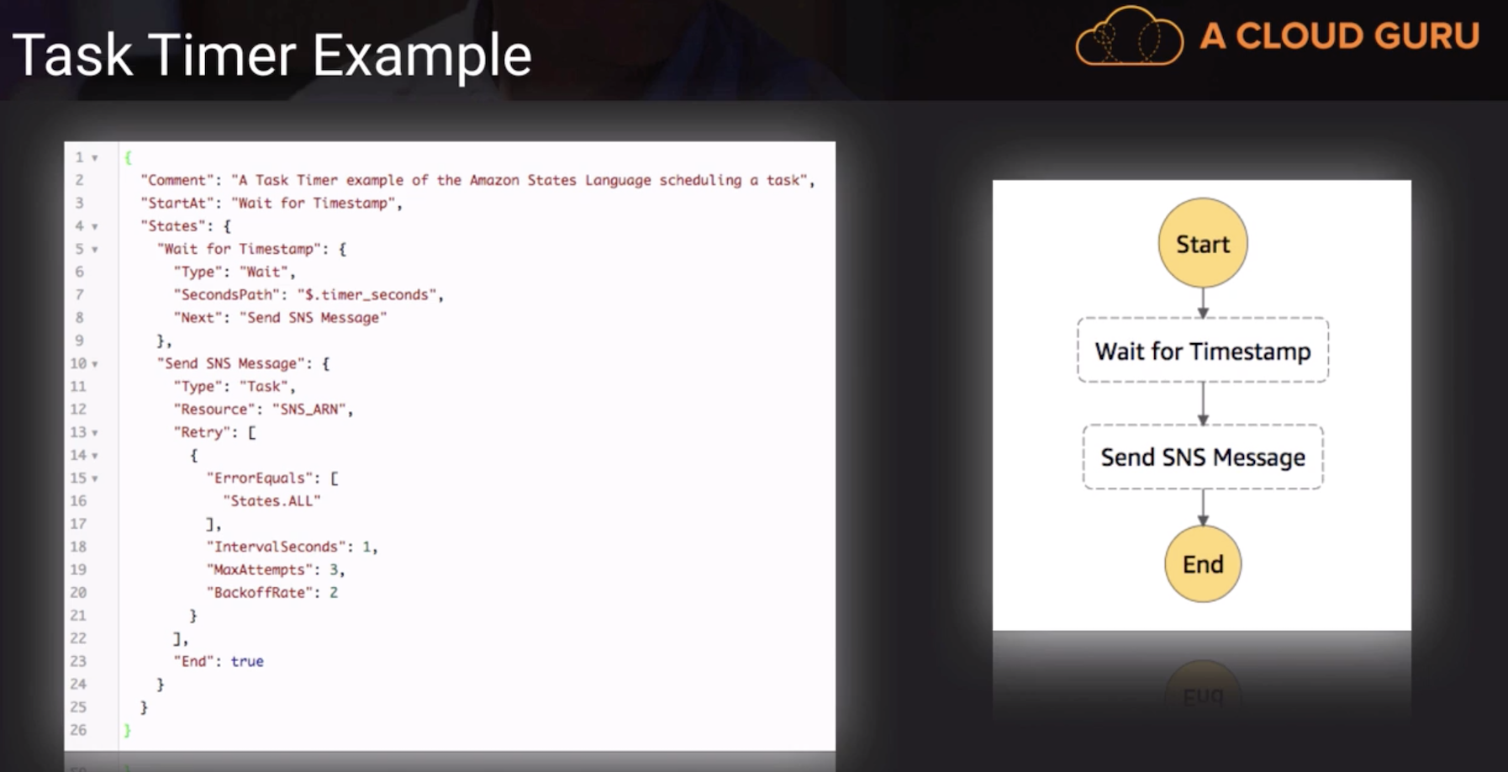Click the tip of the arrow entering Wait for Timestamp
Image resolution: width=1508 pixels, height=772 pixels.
(1203, 318)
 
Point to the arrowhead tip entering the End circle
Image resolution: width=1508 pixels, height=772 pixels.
(1203, 526)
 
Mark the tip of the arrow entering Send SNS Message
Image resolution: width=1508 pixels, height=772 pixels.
(1203, 426)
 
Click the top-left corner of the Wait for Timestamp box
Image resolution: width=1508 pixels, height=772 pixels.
(1078, 318)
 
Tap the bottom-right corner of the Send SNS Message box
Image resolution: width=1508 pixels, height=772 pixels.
(1323, 489)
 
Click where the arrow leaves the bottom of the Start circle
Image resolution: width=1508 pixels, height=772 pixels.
(1203, 288)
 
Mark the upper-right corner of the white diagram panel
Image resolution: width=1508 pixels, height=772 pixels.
(1411, 180)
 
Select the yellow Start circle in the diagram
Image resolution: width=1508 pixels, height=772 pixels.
(1203, 243)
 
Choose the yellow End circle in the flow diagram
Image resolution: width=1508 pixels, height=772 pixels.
(1203, 563)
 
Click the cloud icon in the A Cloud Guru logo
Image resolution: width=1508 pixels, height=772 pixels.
(1129, 36)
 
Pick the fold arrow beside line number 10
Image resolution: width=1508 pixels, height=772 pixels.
(95, 364)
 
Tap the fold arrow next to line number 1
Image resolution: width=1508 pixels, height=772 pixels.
(95, 158)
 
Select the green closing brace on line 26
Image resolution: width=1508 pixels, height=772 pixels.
(128, 730)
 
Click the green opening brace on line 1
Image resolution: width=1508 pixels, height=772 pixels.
(128, 157)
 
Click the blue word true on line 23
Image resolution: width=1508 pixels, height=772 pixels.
(247, 661)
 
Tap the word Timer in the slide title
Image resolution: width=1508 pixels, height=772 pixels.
(223, 56)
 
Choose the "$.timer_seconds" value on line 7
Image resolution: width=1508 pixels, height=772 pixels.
(367, 295)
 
